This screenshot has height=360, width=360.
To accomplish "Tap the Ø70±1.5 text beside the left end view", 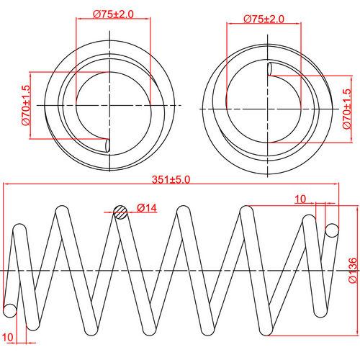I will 26,106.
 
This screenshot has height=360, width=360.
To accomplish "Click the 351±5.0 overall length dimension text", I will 171,180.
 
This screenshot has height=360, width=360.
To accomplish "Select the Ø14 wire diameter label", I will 146,209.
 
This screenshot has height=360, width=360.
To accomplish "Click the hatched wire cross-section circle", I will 121,211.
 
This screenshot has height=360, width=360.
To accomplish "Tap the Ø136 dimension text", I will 352,269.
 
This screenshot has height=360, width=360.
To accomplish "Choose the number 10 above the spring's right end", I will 300,198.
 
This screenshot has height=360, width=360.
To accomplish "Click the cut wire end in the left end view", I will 108,145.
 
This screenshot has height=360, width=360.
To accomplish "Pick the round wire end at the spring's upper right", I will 331,230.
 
